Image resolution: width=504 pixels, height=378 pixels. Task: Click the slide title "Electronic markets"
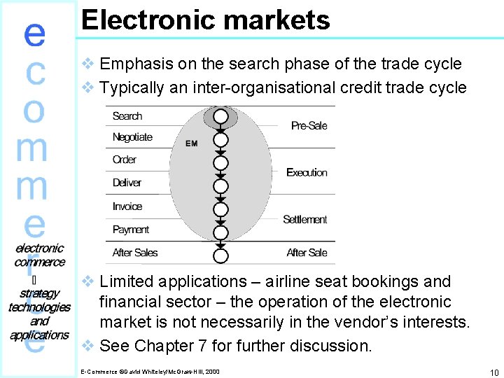pos(205,20)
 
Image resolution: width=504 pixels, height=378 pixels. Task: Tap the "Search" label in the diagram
pos(127,116)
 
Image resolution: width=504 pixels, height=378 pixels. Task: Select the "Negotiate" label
pos(132,137)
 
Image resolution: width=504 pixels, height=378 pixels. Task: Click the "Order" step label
pos(125,160)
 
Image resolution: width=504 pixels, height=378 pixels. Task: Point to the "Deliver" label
pos(127,183)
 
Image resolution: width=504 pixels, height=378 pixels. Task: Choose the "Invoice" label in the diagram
pos(127,206)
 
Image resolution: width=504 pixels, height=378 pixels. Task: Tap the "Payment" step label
pos(131,230)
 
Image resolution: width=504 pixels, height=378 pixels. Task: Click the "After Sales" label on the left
pos(135,253)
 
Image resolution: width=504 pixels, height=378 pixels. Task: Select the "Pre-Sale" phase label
pos(309,126)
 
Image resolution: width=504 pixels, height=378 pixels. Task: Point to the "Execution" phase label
pos(307,172)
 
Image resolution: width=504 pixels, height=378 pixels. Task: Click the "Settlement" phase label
pos(304,220)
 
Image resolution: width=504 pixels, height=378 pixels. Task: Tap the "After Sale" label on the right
pos(307,253)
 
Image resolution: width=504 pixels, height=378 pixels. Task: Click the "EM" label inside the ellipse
pos(192,143)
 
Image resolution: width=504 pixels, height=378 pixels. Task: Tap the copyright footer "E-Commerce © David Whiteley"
pos(150,370)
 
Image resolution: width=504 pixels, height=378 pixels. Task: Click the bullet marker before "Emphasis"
pos(88,64)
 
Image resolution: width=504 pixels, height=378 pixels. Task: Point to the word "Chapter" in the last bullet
pos(164,346)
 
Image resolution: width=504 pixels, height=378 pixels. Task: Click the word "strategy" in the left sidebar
pos(40,293)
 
